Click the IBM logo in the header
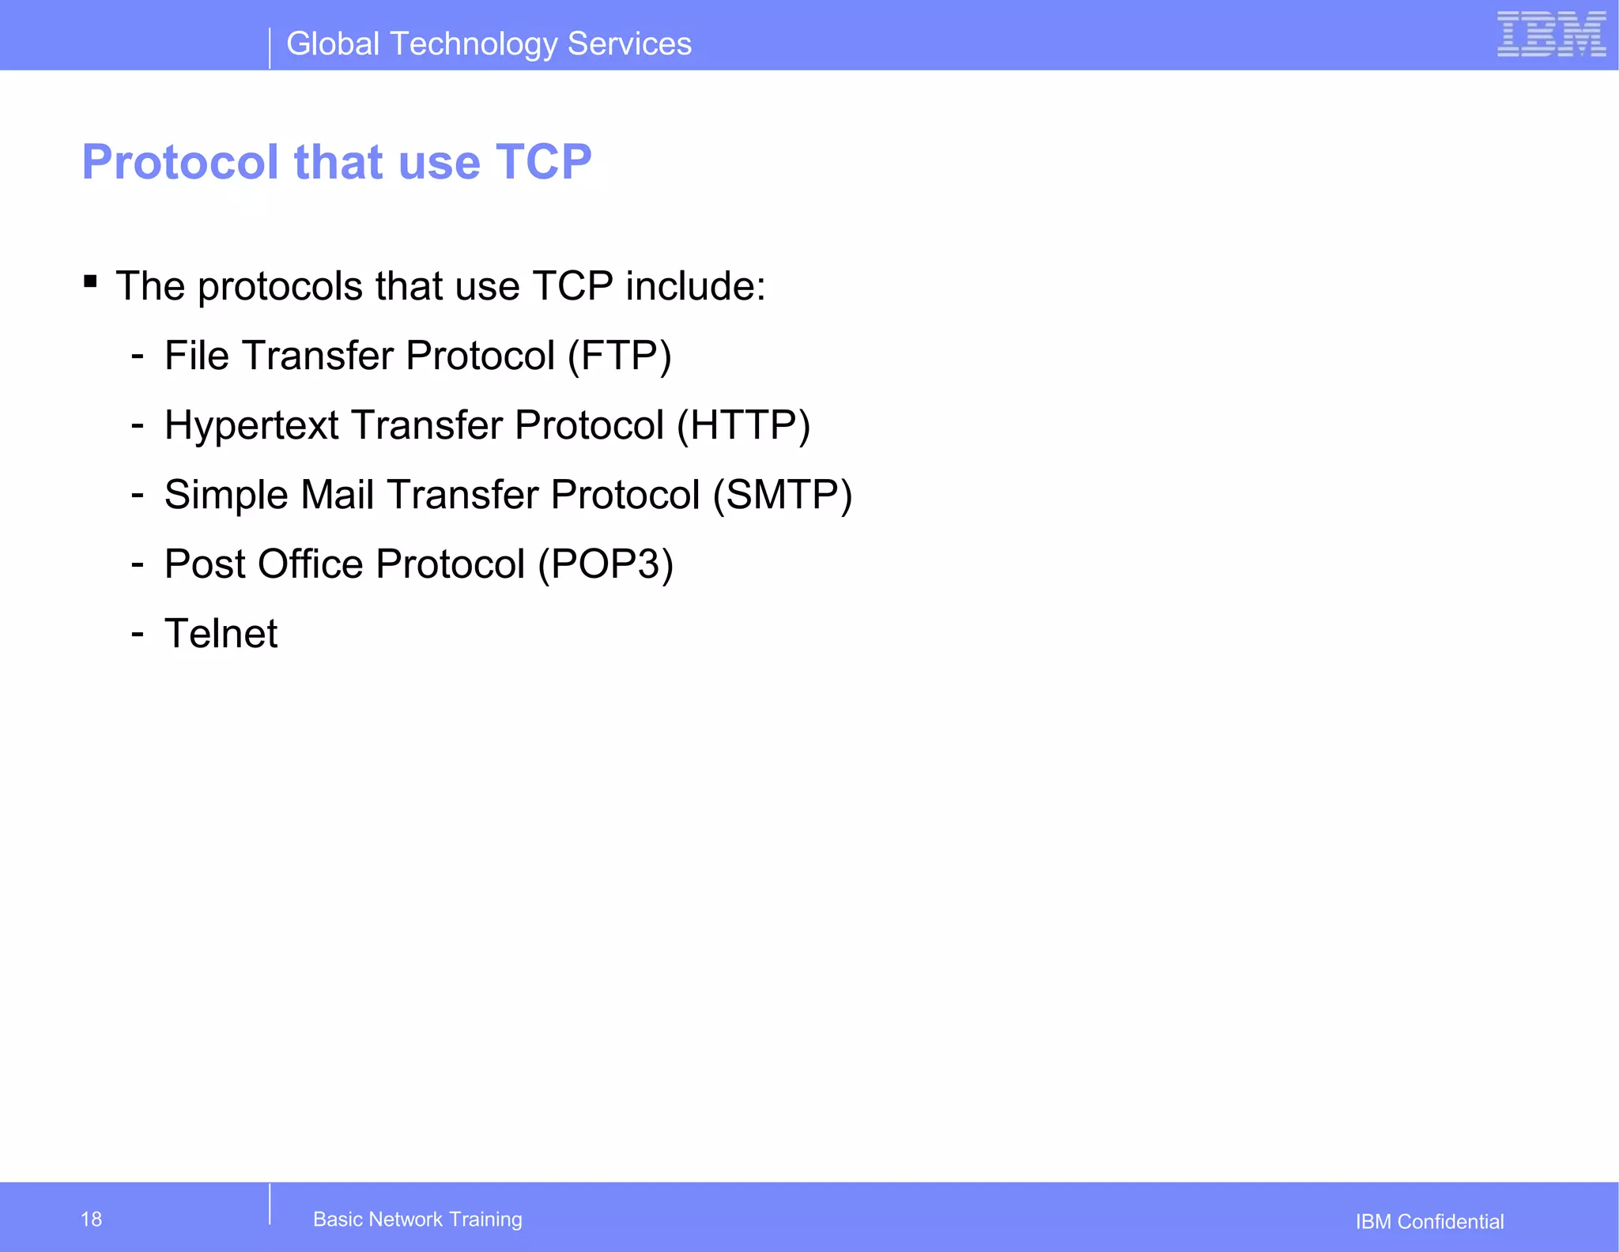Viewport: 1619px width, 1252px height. [1551, 35]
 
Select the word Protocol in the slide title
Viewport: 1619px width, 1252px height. [180, 163]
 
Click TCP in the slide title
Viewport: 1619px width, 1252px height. [543, 163]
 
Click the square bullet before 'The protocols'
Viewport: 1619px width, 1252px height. [90, 281]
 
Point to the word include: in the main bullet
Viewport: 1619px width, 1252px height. [696, 286]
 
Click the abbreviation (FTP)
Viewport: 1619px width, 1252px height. [620, 356]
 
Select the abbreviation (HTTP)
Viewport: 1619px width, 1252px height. [743, 426]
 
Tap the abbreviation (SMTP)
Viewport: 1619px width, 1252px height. [782, 496]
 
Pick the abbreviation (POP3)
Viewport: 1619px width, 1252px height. [606, 565]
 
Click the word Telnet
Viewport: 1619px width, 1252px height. [221, 634]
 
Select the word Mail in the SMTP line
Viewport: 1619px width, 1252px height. [337, 495]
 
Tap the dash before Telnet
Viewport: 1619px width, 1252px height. [138, 633]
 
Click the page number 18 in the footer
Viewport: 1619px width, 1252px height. [91, 1219]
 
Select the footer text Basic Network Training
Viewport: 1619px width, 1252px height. [417, 1219]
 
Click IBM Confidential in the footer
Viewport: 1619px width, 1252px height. [1429, 1221]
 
